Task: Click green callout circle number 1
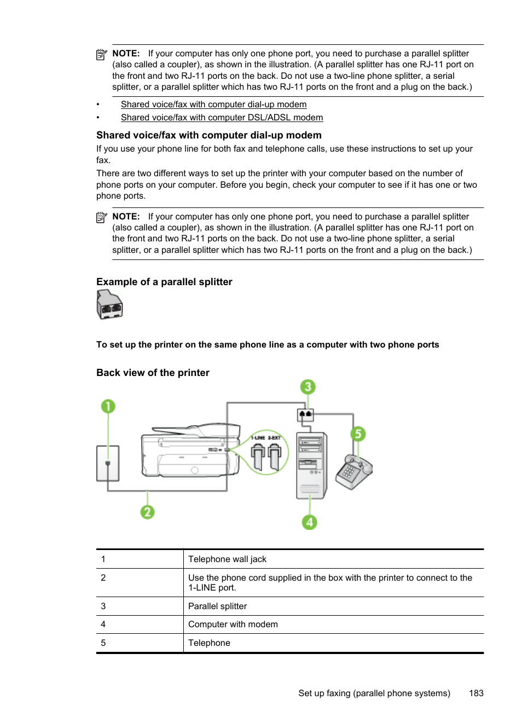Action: tap(108, 406)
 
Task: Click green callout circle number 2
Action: tap(147, 512)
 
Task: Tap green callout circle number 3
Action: tap(308, 387)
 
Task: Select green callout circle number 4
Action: tap(310, 522)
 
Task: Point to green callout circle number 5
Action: tap(358, 434)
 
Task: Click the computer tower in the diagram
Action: tap(311, 465)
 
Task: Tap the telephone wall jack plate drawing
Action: tap(108, 464)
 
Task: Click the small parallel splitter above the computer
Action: tap(305, 415)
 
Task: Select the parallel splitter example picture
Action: tap(109, 305)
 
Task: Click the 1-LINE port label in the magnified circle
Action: tap(258, 438)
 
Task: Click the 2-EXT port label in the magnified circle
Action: tap(274, 438)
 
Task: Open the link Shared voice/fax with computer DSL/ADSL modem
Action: tap(222, 118)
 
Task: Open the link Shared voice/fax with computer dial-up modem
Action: tap(213, 105)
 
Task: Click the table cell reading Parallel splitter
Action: tap(218, 606)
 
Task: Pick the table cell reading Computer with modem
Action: tap(233, 624)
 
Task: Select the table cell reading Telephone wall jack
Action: tap(227, 559)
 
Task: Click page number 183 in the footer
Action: tap(476, 693)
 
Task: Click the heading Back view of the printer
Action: tap(153, 373)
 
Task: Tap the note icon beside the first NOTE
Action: tap(102, 55)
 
